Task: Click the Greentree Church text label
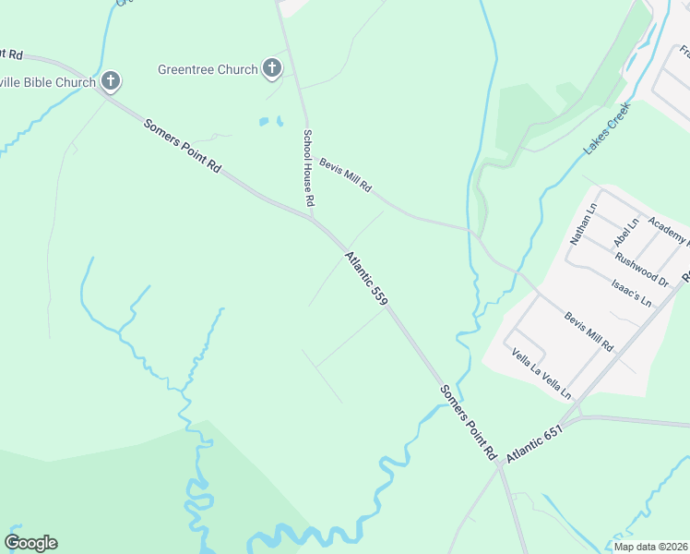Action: pyautogui.click(x=208, y=69)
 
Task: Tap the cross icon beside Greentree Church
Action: pyautogui.click(x=271, y=67)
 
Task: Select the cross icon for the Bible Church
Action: pyautogui.click(x=110, y=81)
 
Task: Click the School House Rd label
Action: pyautogui.click(x=310, y=167)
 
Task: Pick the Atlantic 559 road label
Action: pyautogui.click(x=366, y=278)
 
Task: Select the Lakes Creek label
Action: pyautogui.click(x=605, y=127)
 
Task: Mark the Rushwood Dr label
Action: pyautogui.click(x=642, y=268)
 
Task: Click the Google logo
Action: pyautogui.click(x=31, y=543)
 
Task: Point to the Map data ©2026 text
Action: pyautogui.click(x=651, y=547)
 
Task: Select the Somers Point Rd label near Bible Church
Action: pyautogui.click(x=183, y=146)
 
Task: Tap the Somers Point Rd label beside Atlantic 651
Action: pyautogui.click(x=469, y=423)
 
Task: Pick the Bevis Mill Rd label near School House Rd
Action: pyautogui.click(x=345, y=175)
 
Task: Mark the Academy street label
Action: pyautogui.click(x=667, y=231)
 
